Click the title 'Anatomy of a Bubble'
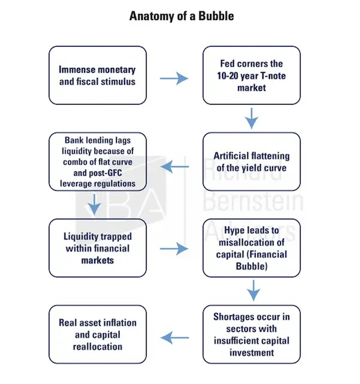[181, 16]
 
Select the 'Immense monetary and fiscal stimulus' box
[98, 75]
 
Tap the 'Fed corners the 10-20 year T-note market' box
[251, 75]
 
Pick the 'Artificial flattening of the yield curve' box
[251, 161]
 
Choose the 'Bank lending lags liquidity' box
[98, 161]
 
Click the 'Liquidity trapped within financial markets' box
[98, 248]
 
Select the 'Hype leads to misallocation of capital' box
[251, 248]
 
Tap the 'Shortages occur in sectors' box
[251, 334]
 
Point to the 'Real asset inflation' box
[98, 334]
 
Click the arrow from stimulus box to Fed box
[174, 79]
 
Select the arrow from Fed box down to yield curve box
[251, 118]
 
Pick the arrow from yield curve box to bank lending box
[175, 167]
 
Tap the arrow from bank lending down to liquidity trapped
[94, 205]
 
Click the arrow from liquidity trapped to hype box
[174, 249]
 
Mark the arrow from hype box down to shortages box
[253, 291]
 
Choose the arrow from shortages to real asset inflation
[175, 338]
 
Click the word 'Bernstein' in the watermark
[253, 202]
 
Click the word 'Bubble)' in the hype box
[251, 266]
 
